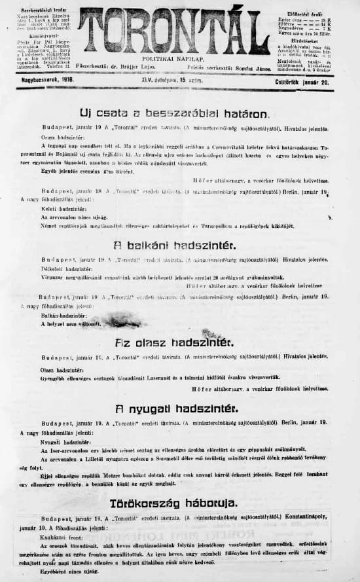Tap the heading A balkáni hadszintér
pos(175,246)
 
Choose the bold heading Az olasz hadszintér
pos(175,342)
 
